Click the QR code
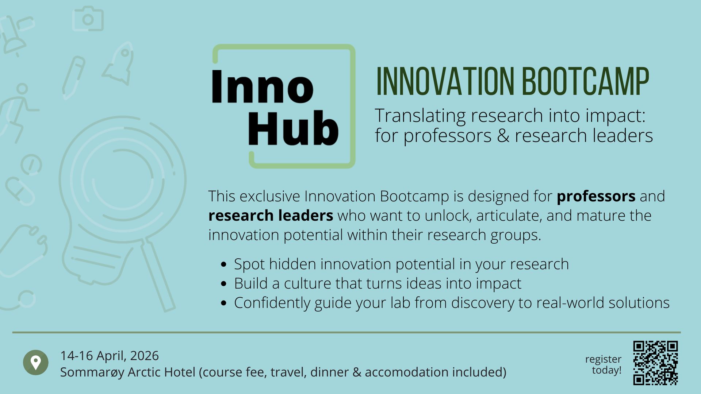pyautogui.click(x=655, y=363)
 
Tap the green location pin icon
pyautogui.click(x=36, y=363)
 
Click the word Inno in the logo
pyautogui.click(x=262, y=87)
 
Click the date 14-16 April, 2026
pyautogui.click(x=110, y=356)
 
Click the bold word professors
pyautogui.click(x=596, y=196)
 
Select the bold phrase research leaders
pyautogui.click(x=271, y=216)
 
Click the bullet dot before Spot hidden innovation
pyautogui.click(x=224, y=264)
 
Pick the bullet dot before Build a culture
pyautogui.click(x=224, y=284)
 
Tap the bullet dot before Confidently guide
pyautogui.click(x=224, y=303)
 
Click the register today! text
pyautogui.click(x=603, y=364)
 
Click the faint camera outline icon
pyautogui.click(x=88, y=19)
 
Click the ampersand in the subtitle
pyautogui.click(x=503, y=136)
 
